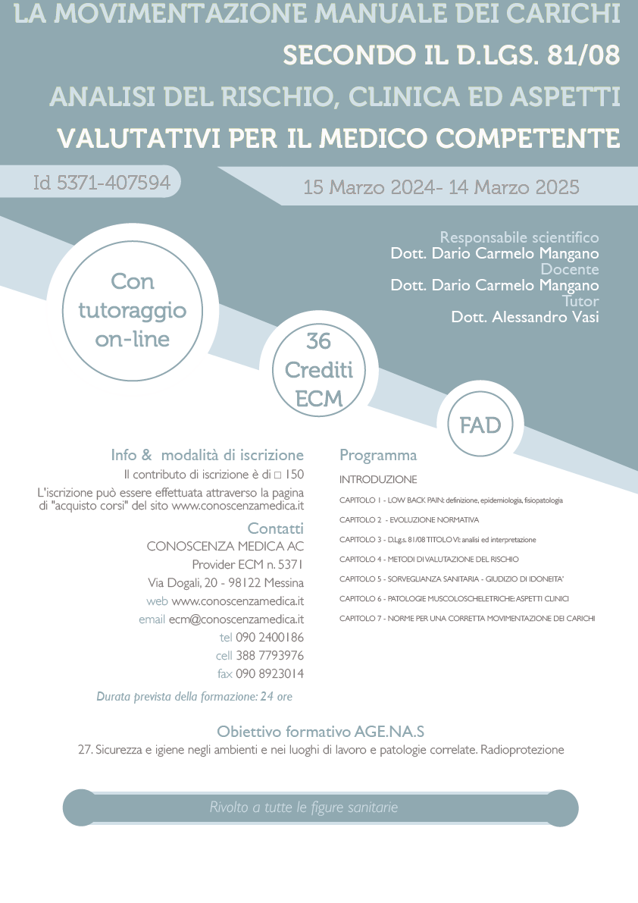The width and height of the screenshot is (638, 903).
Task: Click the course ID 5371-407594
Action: click(102, 183)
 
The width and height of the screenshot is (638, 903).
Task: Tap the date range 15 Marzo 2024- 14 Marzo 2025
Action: click(441, 187)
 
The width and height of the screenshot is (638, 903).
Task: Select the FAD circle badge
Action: click(480, 425)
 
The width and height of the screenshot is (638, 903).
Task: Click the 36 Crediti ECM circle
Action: click(319, 370)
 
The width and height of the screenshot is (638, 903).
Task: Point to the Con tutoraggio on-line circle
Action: click(133, 310)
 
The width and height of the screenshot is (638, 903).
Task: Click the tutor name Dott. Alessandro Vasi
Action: click(524, 317)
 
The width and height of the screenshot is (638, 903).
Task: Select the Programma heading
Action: click(378, 456)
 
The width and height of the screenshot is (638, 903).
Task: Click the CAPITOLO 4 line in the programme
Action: click(429, 560)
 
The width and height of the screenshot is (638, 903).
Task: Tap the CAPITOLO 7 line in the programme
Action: click(467, 619)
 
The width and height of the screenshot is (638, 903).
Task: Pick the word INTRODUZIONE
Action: click(378, 480)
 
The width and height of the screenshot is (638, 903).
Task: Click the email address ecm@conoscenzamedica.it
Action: click(236, 619)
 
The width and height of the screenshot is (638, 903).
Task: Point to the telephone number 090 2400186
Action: click(270, 638)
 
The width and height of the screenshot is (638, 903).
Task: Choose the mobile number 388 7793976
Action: click(270, 656)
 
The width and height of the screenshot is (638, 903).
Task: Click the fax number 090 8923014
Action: click(270, 674)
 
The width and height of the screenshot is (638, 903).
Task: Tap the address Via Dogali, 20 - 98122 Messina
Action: click(226, 583)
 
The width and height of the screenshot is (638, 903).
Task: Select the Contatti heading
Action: click(275, 528)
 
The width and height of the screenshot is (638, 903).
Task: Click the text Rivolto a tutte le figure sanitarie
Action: click(303, 807)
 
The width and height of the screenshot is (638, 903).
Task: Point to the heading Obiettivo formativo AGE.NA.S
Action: click(321, 732)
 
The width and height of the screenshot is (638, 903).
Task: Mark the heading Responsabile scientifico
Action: click(519, 237)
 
